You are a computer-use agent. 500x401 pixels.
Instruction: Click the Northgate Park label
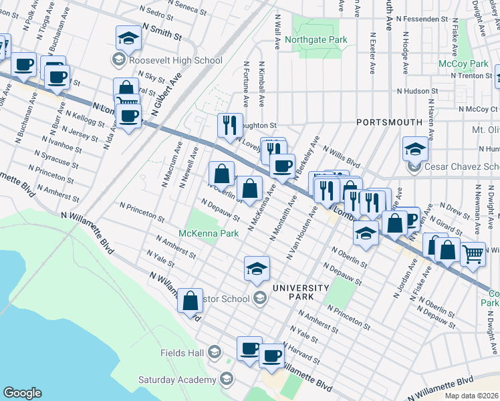(x=316, y=39)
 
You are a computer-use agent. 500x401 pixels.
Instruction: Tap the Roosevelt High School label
(x=176, y=61)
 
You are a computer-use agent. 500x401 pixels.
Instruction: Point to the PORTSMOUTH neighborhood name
(x=389, y=122)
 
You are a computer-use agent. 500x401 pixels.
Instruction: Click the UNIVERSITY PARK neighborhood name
(x=300, y=292)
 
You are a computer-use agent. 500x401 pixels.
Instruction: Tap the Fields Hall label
(x=183, y=352)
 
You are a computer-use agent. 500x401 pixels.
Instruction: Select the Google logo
(x=22, y=393)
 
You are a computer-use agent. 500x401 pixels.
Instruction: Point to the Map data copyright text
(x=472, y=396)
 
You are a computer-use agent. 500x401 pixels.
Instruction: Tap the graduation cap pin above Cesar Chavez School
(x=415, y=148)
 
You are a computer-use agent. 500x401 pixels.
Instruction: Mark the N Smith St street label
(x=161, y=29)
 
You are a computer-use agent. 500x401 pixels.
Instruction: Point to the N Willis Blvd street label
(x=342, y=158)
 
